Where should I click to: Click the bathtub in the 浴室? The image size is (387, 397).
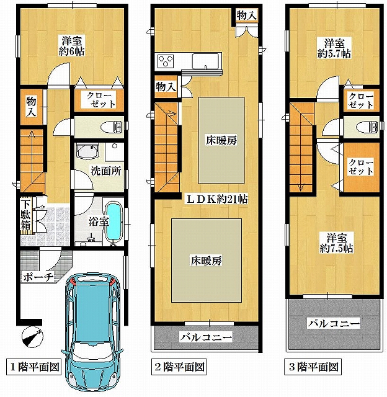pos(113,223)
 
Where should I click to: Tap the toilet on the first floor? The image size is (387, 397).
pos(111,127)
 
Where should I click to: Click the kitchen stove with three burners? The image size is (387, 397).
pos(166,61)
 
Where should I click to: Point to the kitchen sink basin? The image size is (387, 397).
pos(205,61)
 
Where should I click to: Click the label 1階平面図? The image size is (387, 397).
pos(34,367)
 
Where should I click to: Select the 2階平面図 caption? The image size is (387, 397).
pos(179,367)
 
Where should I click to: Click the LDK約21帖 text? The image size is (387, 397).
pos(217,199)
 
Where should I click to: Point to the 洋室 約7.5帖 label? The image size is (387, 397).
pos(336,243)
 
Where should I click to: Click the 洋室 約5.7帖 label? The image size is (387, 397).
pos(334,48)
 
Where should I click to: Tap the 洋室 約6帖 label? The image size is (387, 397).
pos(71,46)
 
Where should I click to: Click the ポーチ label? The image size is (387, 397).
pos(38,277)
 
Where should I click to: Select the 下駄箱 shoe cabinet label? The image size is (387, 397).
pos(25,215)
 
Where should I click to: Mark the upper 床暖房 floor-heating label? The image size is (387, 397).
pos(221,141)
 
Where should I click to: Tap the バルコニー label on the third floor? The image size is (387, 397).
pos(334,323)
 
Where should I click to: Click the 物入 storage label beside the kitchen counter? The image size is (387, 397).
pos(166,87)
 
